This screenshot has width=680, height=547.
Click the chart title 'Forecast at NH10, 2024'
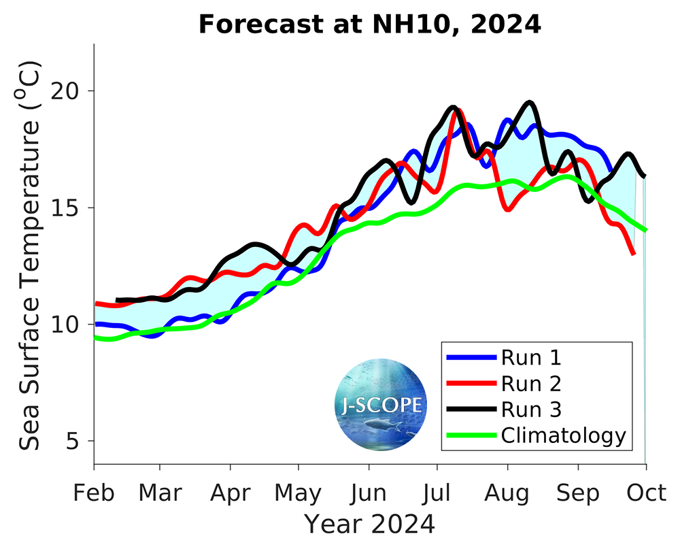(369, 24)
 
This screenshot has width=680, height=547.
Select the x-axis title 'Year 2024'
(369, 525)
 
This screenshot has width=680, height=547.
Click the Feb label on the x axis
(94, 493)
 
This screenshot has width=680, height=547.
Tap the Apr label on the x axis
(231, 493)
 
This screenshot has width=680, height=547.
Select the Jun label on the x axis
(369, 493)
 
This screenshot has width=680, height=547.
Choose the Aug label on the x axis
(507, 493)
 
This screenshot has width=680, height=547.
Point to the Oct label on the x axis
(645, 493)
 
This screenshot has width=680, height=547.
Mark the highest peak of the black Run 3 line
(529, 103)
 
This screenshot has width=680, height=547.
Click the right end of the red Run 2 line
(634, 253)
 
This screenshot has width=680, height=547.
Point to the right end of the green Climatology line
(645, 229)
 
